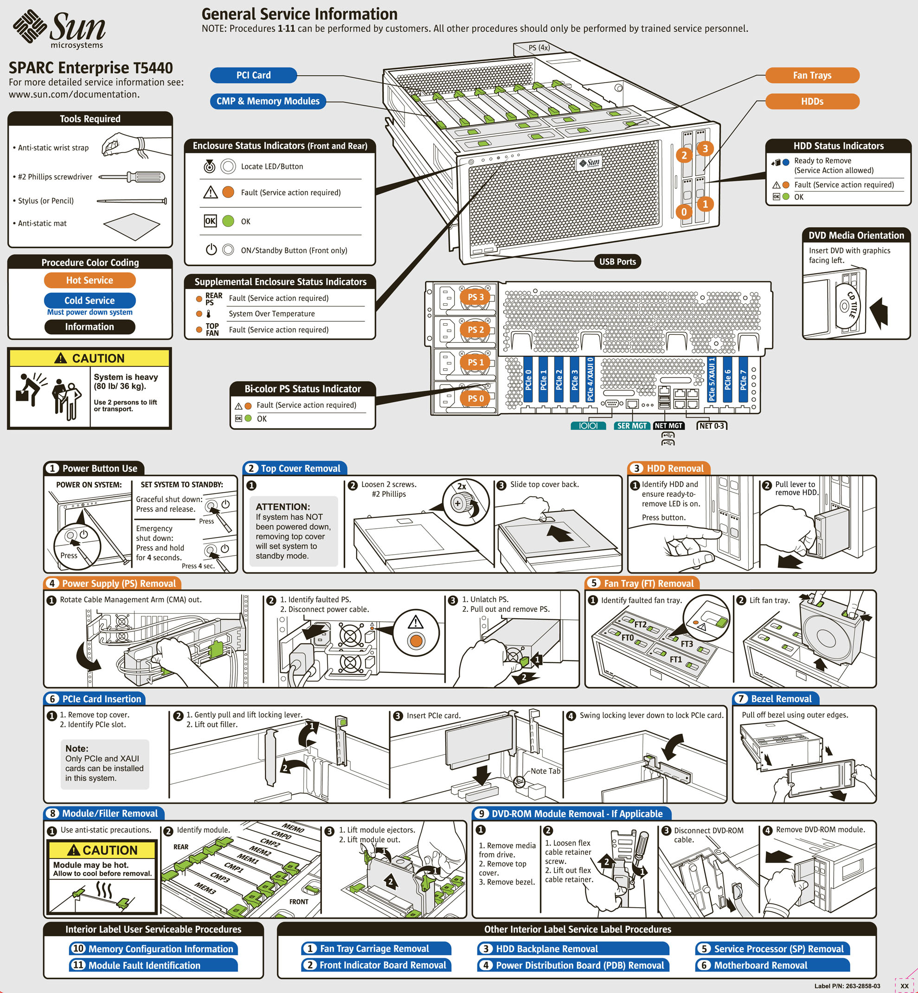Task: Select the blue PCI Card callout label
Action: coord(253,75)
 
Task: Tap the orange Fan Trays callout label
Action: coord(812,75)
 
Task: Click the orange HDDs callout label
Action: coord(812,101)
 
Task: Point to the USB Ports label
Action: coord(617,262)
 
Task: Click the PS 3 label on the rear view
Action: coord(475,297)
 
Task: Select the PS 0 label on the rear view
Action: coord(475,398)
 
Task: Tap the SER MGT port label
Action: coord(631,426)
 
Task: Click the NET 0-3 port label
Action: coord(712,426)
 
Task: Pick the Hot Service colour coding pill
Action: coord(90,280)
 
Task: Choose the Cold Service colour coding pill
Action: coord(90,300)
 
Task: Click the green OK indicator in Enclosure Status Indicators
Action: coord(228,221)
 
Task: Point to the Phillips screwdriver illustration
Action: coord(132,177)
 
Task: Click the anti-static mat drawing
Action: coord(132,226)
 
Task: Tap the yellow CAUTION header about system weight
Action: coord(90,358)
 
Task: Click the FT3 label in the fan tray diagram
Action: coord(687,644)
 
